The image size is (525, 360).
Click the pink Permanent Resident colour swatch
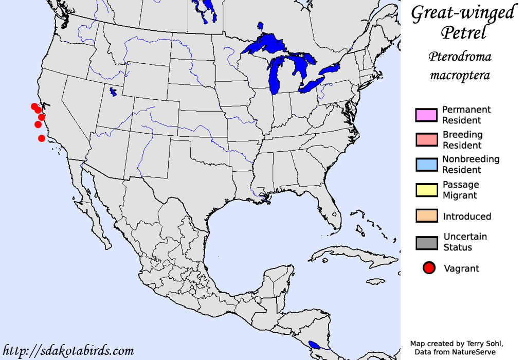coord(426,115)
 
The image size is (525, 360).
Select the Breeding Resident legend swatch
coord(426,140)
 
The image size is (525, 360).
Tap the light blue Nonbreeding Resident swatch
coord(426,165)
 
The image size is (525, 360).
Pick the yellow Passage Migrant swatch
coord(426,190)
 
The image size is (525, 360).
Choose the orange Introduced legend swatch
coord(426,216)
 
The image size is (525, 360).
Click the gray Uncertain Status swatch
coord(426,242)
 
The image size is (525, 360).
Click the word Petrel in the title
coord(463,33)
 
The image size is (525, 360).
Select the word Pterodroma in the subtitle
coord(460,57)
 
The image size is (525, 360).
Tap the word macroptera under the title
coord(460,76)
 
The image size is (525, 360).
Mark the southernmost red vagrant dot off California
coord(42,138)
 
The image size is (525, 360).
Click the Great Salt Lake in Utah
coord(113,92)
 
